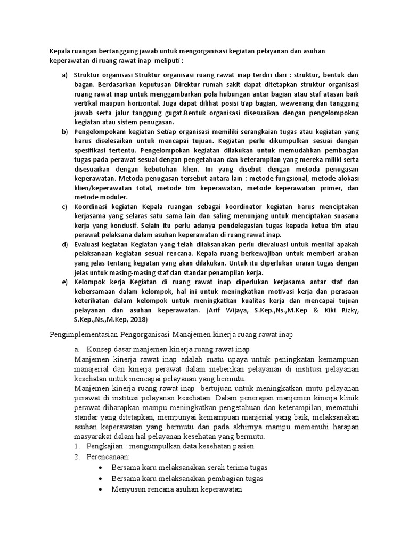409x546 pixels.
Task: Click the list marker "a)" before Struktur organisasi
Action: [64, 75]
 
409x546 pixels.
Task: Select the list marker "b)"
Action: [64, 131]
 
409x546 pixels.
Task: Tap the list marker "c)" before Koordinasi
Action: [64, 206]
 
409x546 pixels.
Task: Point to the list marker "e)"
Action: [64, 282]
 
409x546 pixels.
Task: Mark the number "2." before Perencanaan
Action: [78, 456]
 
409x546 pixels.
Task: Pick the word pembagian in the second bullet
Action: [214, 478]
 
